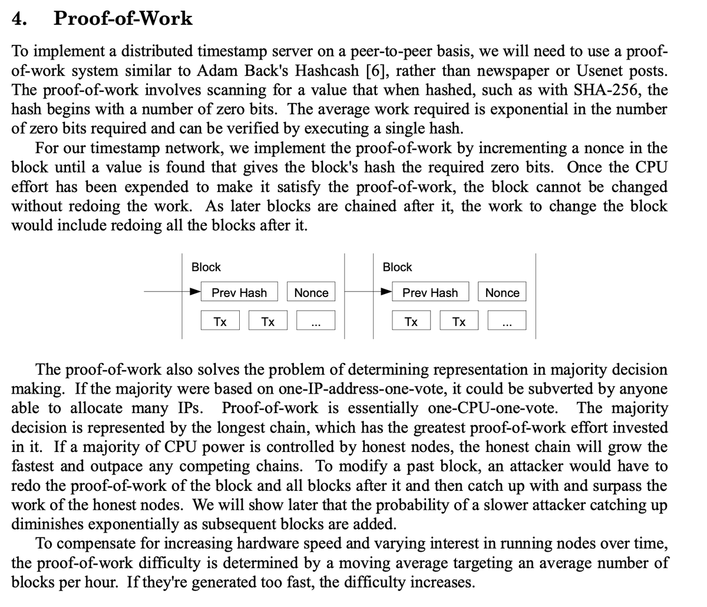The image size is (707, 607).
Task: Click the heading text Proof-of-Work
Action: point(123,19)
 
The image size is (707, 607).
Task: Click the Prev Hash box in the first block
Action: point(239,293)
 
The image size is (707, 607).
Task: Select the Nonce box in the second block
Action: point(502,293)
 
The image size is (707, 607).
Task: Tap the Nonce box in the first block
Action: point(311,293)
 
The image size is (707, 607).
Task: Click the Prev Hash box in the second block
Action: point(430,293)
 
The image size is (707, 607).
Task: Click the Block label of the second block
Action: point(397,267)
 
